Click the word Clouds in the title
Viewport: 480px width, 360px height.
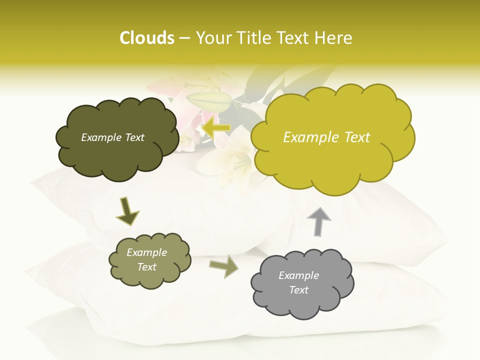coord(146,38)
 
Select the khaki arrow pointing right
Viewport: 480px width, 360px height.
coord(224,265)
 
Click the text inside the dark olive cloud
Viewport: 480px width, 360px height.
coord(112,137)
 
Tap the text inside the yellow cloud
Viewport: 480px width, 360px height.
coord(326,137)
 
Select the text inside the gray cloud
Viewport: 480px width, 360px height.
coord(298,282)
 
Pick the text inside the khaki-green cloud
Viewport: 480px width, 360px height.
coord(146,260)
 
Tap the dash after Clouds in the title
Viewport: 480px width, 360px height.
coord(184,38)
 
